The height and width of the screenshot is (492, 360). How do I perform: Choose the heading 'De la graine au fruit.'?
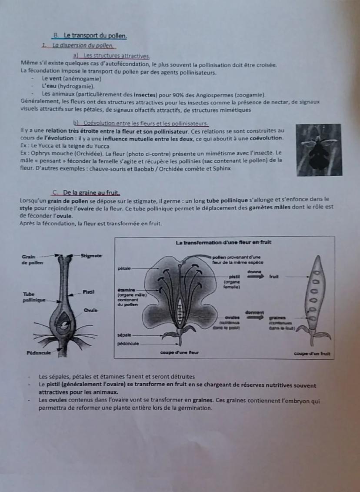[90, 192]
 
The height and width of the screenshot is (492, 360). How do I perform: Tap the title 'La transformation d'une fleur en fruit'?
[224, 242]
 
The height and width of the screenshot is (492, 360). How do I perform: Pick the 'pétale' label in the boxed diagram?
[124, 269]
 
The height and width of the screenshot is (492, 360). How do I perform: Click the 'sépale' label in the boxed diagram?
[124, 335]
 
